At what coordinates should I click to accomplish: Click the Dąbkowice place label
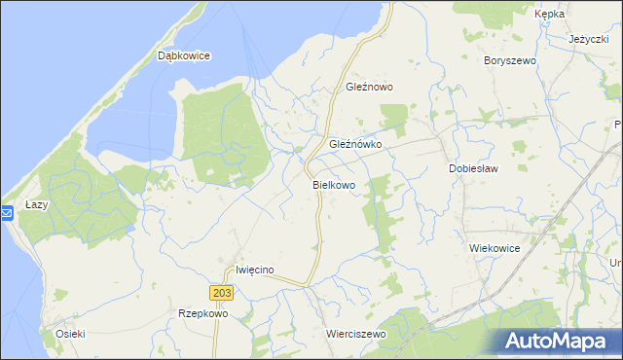pyautogui.click(x=184, y=56)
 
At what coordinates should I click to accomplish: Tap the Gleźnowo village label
pyautogui.click(x=369, y=87)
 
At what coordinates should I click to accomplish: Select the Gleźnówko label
pyautogui.click(x=355, y=143)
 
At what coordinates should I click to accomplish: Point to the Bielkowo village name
pyautogui.click(x=334, y=184)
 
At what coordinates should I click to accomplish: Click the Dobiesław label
pyautogui.click(x=473, y=168)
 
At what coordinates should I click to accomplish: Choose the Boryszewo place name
pyautogui.click(x=510, y=60)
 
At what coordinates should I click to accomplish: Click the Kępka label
pyautogui.click(x=550, y=15)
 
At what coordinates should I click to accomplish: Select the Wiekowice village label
pyautogui.click(x=495, y=248)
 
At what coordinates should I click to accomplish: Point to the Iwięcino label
pyautogui.click(x=257, y=270)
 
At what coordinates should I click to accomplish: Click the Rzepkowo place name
pyautogui.click(x=202, y=313)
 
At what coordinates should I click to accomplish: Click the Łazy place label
pyautogui.click(x=37, y=205)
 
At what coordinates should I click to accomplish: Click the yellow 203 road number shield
pyautogui.click(x=220, y=293)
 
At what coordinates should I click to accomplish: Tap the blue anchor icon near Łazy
pyautogui.click(x=6, y=212)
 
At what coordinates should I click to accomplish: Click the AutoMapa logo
pyautogui.click(x=557, y=341)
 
